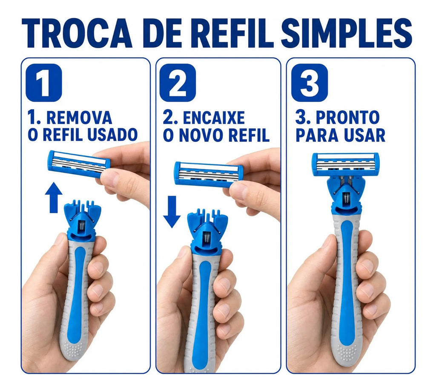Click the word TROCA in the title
coord(77,34)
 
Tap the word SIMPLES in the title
coord(347,34)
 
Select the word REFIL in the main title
coord(235,34)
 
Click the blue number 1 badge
coord(44,83)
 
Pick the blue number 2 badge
coord(178,83)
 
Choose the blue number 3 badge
coord(310,83)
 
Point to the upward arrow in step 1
coord(53,198)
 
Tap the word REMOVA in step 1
coord(79,118)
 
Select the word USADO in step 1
coord(112,135)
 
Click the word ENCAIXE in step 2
coord(214,118)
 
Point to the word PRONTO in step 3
coord(347,118)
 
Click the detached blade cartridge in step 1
coord(79,164)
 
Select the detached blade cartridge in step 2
coord(209,174)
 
